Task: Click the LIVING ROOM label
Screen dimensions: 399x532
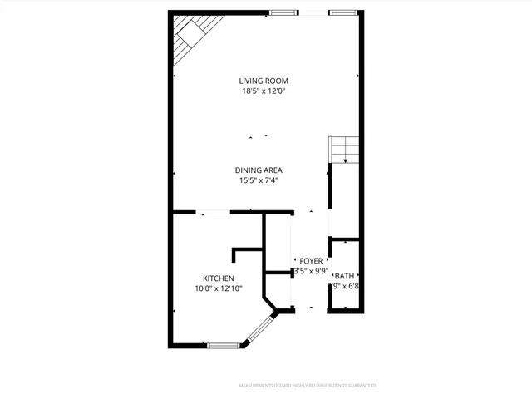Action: pyautogui.click(x=264, y=81)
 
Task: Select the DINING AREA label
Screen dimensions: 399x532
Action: pyautogui.click(x=262, y=170)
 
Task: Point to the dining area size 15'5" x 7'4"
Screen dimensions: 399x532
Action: pyautogui.click(x=262, y=180)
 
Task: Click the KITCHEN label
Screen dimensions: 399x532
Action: pyautogui.click(x=219, y=278)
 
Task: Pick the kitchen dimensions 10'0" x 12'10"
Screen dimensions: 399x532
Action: pyautogui.click(x=219, y=288)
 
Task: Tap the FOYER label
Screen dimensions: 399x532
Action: pyautogui.click(x=312, y=260)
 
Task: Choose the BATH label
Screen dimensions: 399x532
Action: pyautogui.click(x=343, y=276)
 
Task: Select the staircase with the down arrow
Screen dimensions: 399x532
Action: pyautogui.click(x=343, y=150)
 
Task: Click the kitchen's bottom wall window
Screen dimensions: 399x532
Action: pyautogui.click(x=223, y=345)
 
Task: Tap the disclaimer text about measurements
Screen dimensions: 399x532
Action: pyautogui.click(x=308, y=386)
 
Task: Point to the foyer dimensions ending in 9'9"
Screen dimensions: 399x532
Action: pyautogui.click(x=312, y=271)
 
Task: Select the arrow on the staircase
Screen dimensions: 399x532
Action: pyautogui.click(x=345, y=157)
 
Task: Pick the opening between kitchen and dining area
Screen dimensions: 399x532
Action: pyautogui.click(x=215, y=212)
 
